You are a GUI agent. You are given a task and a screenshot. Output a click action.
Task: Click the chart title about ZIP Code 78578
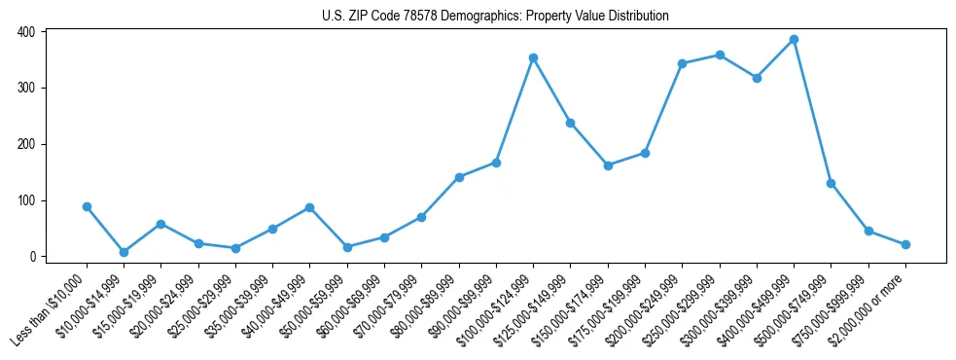click(495, 17)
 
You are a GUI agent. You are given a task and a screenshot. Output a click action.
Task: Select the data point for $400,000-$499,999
click(794, 40)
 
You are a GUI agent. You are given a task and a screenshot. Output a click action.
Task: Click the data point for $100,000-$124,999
click(533, 58)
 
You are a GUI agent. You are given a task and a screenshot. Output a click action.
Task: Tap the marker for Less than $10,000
click(87, 206)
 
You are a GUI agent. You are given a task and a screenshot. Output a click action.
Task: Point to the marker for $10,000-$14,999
click(124, 252)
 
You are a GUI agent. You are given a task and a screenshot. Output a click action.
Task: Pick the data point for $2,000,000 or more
click(905, 244)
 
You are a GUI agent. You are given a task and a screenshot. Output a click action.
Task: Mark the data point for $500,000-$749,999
click(831, 183)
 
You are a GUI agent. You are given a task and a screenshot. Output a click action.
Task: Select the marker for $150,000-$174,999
click(608, 165)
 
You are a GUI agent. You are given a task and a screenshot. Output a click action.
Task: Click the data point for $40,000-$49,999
click(309, 207)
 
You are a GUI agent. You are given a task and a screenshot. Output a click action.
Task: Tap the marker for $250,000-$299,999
click(720, 54)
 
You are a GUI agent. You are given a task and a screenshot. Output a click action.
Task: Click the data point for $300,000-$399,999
click(757, 78)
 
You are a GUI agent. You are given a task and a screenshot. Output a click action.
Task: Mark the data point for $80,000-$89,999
click(459, 177)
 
